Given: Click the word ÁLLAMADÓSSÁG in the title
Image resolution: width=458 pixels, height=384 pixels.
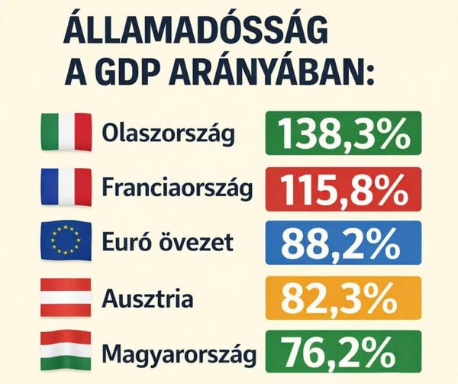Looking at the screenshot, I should pyautogui.click(x=195, y=33).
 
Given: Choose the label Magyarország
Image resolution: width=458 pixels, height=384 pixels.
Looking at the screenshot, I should pyautogui.click(x=178, y=353).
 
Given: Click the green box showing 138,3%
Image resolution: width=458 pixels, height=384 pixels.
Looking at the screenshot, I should pyautogui.click(x=343, y=133).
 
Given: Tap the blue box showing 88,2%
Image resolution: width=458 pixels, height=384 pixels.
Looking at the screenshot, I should pyautogui.click(x=343, y=243).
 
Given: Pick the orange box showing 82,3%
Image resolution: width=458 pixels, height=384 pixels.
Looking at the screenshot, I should pyautogui.click(x=343, y=297).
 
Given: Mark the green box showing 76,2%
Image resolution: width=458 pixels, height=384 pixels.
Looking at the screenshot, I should pyautogui.click(x=343, y=351).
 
